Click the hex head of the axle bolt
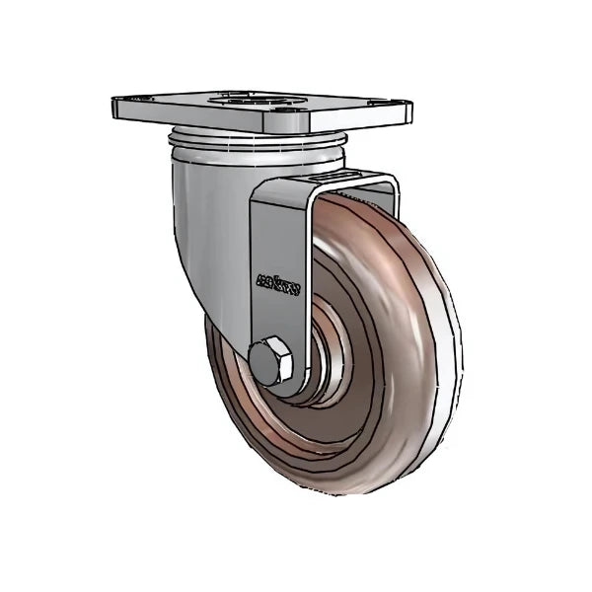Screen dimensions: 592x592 (273, 361)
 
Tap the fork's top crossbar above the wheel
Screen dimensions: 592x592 (326, 187)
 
